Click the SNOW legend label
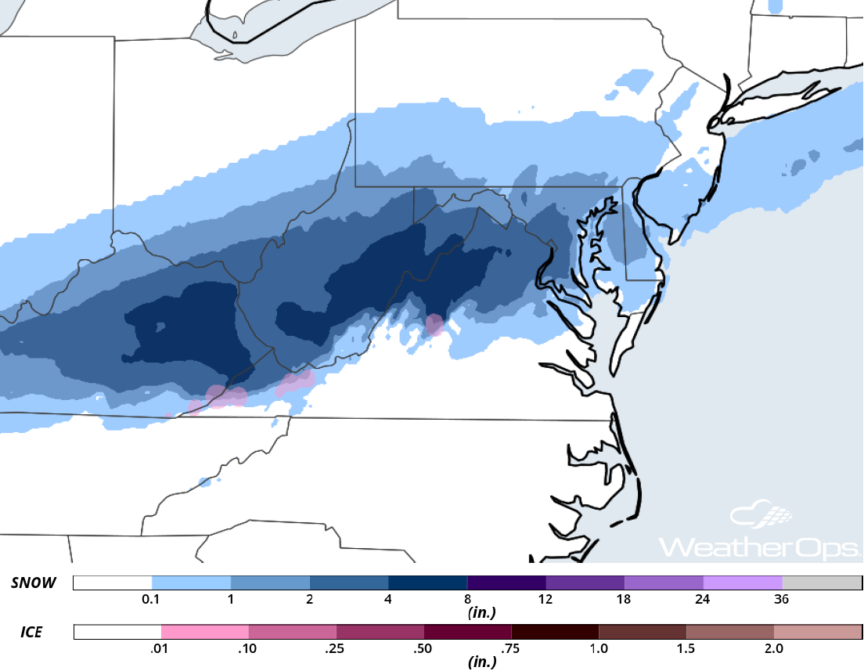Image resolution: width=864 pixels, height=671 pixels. point(33,583)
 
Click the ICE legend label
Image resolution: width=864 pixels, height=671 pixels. point(31,632)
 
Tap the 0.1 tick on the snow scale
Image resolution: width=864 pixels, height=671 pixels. point(152,600)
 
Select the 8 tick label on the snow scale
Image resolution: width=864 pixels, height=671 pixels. point(466,600)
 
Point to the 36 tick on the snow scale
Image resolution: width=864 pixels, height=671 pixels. point(781,600)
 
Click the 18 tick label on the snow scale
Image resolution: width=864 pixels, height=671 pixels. point(624,600)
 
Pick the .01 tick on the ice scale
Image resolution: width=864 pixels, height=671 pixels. point(161,648)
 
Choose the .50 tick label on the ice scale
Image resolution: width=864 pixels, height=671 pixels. point(423,648)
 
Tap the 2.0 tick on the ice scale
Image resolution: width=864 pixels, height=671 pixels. point(773,648)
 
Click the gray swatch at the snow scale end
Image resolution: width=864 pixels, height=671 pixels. point(821,583)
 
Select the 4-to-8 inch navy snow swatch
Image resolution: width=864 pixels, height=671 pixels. point(427,583)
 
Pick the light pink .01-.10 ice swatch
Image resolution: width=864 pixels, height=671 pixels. point(204,632)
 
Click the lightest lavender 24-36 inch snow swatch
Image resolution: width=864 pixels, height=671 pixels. point(742,583)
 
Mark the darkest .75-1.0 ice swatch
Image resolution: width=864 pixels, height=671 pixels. point(554,632)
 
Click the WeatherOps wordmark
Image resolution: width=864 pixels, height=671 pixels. point(759,546)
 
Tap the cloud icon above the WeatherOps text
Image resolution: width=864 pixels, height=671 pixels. point(761,515)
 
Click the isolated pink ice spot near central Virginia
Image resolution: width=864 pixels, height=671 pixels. point(434,324)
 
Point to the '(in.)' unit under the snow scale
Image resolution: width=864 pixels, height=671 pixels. point(481,613)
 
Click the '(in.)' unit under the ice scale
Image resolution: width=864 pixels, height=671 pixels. point(481,662)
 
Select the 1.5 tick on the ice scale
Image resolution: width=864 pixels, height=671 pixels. point(686,648)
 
